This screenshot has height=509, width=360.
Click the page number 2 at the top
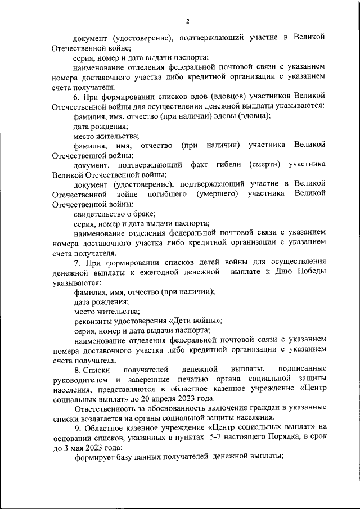pyautogui.click(x=188, y=21)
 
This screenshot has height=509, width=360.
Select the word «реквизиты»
pyautogui.click(x=93, y=321)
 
